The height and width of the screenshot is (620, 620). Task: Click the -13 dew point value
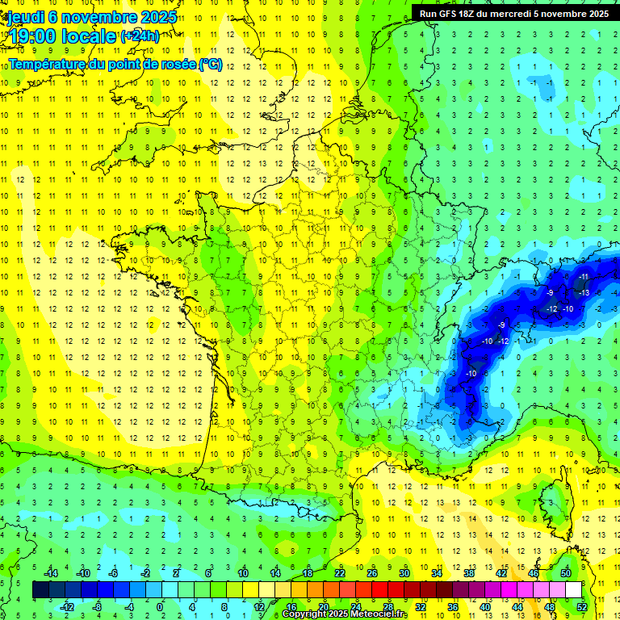pos(584,292)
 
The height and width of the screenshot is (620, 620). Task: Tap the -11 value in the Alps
pos(584,276)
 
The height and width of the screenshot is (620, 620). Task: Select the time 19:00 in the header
pos(32,36)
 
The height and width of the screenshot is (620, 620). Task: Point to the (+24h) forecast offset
pos(140,36)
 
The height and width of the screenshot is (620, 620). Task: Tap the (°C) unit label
pos(211,64)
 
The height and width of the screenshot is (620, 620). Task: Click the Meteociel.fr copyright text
pos(345,614)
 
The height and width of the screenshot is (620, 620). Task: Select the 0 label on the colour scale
pos(160,606)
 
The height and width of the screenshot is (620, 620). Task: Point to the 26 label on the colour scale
pos(372,573)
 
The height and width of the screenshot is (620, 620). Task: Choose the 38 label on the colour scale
pos(468,573)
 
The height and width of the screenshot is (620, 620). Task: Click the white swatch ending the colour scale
pos(573,590)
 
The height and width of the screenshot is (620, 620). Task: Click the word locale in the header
pos(90,36)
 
